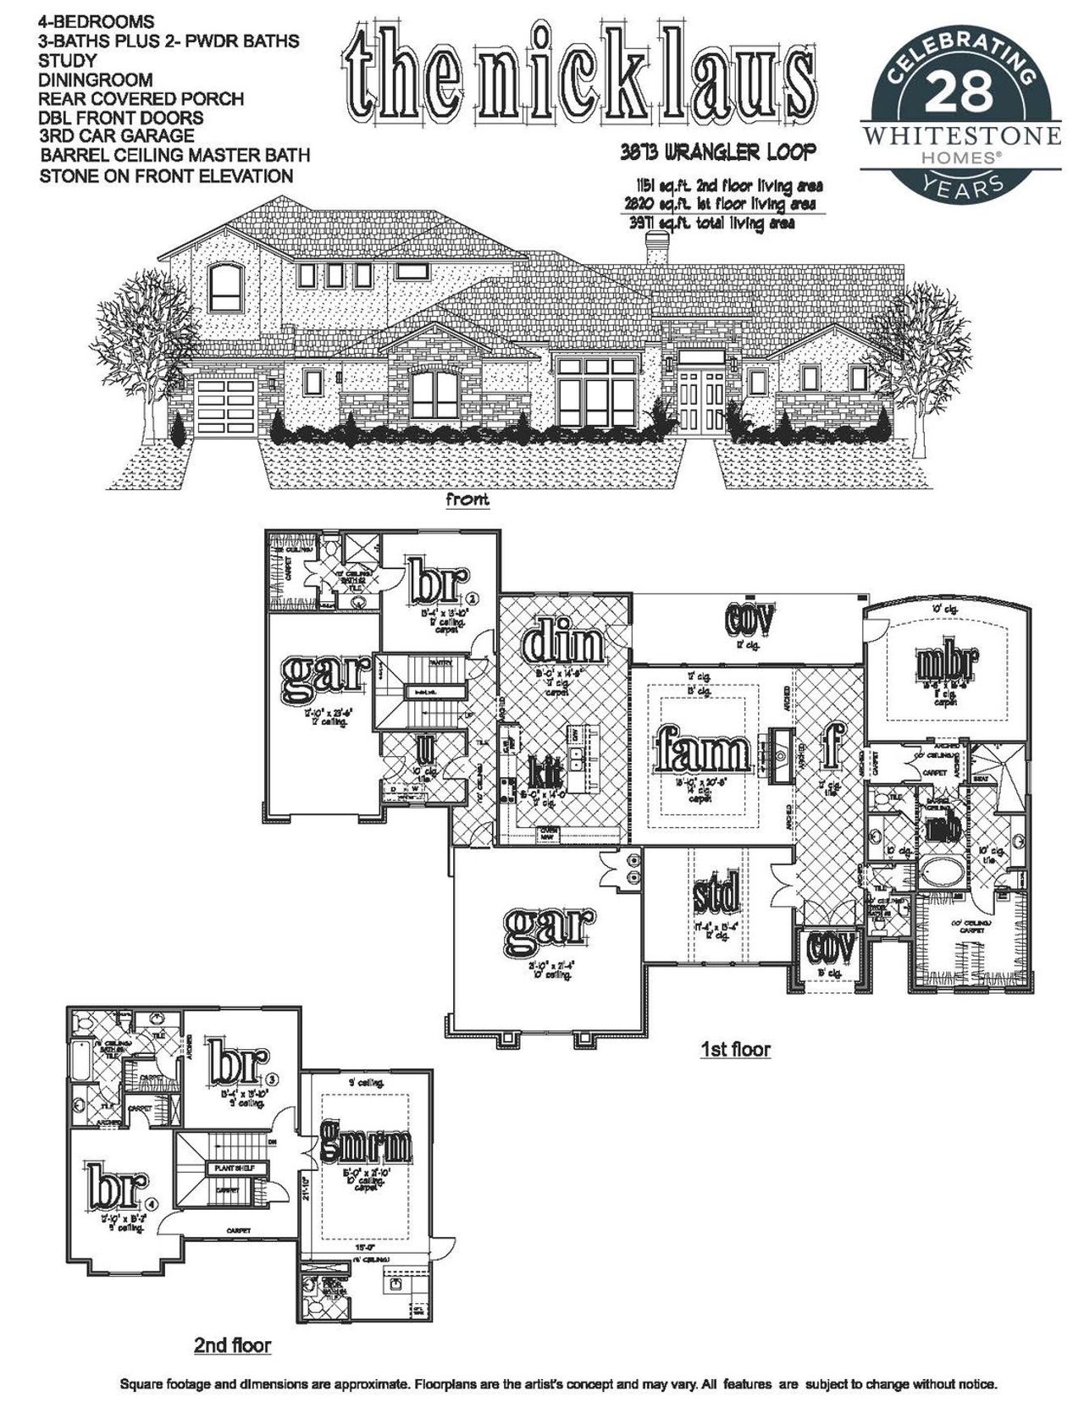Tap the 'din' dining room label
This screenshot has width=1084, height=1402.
[563, 647]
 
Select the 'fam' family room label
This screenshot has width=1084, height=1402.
[704, 750]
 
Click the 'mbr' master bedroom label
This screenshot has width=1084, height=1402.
[947, 666]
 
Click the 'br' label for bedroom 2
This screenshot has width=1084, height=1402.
[438, 580]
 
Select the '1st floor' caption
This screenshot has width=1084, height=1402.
[735, 1050]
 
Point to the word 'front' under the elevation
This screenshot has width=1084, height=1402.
[467, 500]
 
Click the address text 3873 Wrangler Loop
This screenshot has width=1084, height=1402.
[717, 152]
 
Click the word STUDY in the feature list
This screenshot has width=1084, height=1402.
[67, 61]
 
